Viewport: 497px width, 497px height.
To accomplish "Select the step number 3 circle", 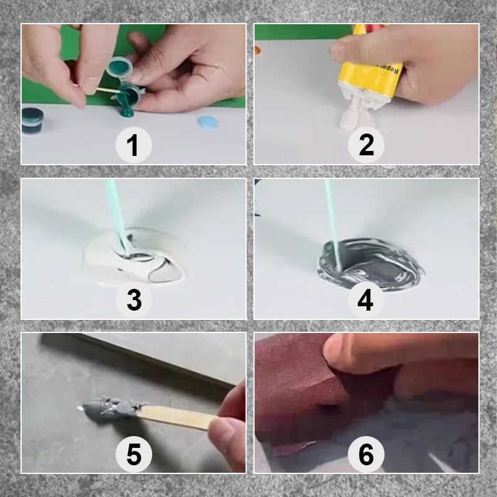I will click(x=133, y=300).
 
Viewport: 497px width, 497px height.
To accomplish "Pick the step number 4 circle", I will click(x=366, y=300).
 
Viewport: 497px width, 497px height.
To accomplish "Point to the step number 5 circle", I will click(x=133, y=454).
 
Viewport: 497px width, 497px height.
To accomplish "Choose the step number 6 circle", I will click(x=366, y=454).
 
